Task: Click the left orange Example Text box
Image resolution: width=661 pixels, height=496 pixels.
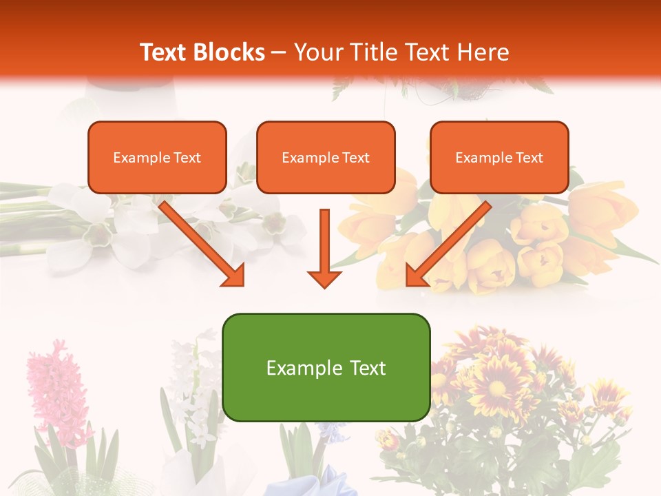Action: click(157, 158)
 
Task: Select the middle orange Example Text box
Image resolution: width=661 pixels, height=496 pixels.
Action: click(326, 158)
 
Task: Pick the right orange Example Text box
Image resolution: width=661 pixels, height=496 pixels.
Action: click(499, 158)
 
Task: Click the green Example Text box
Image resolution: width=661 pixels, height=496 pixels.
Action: click(326, 368)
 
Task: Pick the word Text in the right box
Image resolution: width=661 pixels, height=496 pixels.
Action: click(529, 158)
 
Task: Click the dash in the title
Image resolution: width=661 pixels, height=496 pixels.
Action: click(279, 52)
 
